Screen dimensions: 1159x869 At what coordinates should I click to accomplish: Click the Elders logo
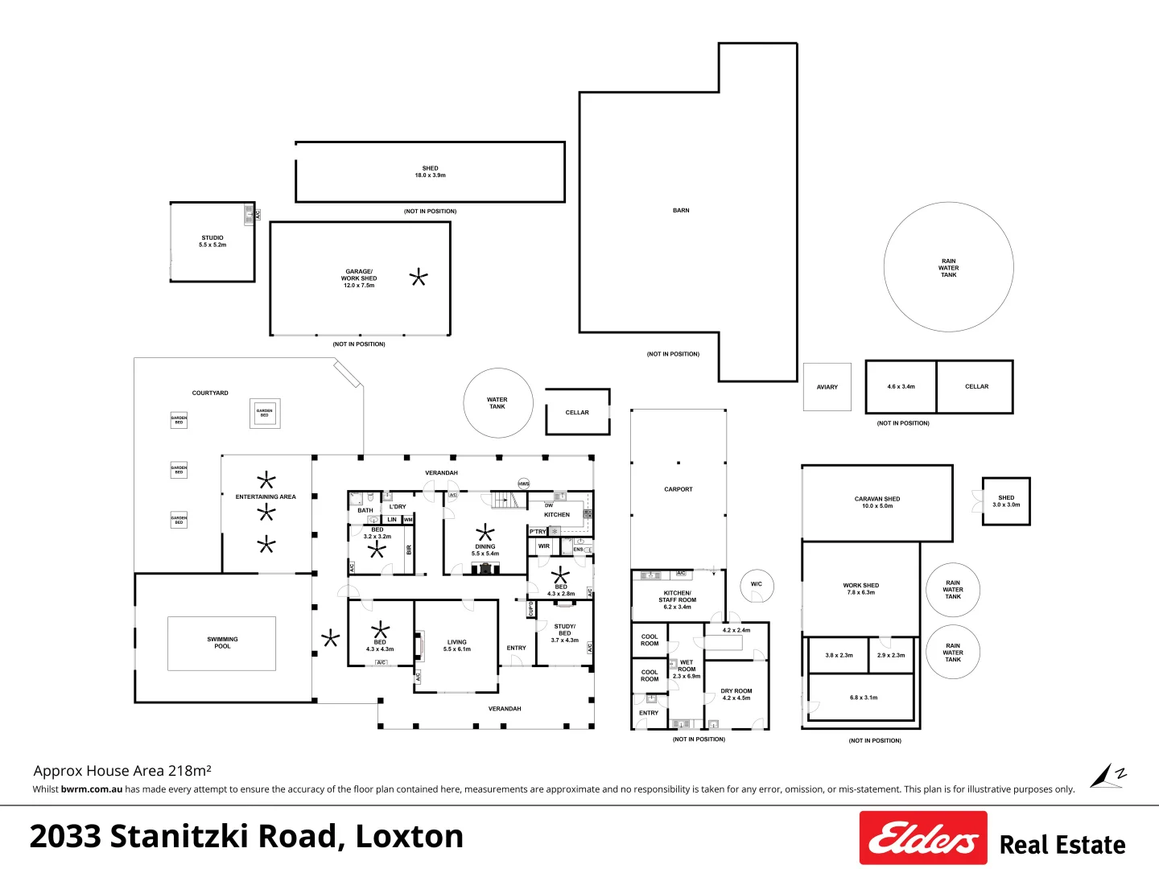click(x=923, y=838)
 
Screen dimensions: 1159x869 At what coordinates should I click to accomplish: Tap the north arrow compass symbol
click(x=1107, y=776)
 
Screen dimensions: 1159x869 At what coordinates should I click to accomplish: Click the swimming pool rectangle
click(x=222, y=644)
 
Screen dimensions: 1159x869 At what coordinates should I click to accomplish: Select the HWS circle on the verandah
click(x=524, y=484)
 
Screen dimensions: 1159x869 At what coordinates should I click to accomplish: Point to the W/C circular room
click(x=757, y=587)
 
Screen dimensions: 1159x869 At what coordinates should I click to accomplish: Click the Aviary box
click(x=827, y=387)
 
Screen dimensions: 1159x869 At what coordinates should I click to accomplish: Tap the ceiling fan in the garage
click(x=419, y=278)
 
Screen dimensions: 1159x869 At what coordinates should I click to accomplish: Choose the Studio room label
click(x=212, y=241)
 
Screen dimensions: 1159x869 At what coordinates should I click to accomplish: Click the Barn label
click(x=681, y=211)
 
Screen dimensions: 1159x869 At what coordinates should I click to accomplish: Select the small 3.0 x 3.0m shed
click(x=1006, y=501)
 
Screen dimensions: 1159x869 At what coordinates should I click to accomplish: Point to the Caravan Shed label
click(x=877, y=502)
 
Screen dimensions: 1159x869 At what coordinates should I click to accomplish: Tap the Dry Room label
click(x=736, y=694)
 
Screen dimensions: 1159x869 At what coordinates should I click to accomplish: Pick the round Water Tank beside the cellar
click(x=498, y=403)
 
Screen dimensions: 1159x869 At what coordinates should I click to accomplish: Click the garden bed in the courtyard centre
click(x=265, y=413)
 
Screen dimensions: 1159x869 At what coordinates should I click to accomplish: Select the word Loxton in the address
click(x=410, y=837)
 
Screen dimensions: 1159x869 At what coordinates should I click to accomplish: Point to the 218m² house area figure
click(x=190, y=771)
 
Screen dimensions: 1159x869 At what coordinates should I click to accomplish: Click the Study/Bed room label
click(x=565, y=633)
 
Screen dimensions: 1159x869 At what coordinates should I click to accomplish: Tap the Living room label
click(x=457, y=645)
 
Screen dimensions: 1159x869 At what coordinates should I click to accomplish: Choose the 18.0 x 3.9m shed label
click(x=431, y=171)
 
